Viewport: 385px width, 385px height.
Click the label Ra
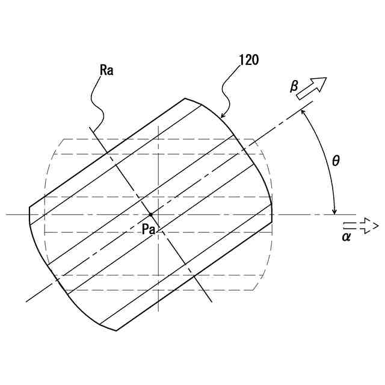point(106,70)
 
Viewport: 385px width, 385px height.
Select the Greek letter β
point(294,87)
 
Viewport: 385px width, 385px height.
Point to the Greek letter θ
point(336,161)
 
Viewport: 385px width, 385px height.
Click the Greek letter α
point(346,236)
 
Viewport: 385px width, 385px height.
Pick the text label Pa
point(149,229)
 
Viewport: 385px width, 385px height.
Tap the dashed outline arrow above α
point(360,226)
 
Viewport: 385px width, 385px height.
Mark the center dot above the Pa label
point(150,214)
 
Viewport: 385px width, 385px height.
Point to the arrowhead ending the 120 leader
point(221,116)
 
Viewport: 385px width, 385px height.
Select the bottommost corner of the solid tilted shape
point(116,330)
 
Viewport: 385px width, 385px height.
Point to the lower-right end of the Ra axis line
point(211,302)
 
